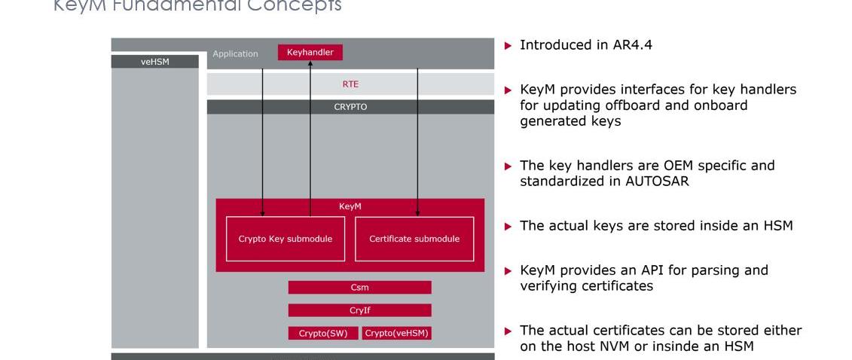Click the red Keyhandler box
click(310, 52)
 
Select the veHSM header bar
click(154, 62)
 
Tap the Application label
click(235, 53)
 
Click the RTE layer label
click(350, 84)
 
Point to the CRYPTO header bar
click(350, 107)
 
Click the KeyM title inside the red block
click(350, 206)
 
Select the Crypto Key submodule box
click(286, 239)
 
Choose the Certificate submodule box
click(414, 239)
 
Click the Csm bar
click(359, 288)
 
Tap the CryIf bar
click(359, 310)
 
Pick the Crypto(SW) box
click(323, 333)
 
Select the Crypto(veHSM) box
click(396, 333)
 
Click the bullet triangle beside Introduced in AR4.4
click(508, 45)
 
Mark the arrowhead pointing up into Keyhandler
click(310, 66)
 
